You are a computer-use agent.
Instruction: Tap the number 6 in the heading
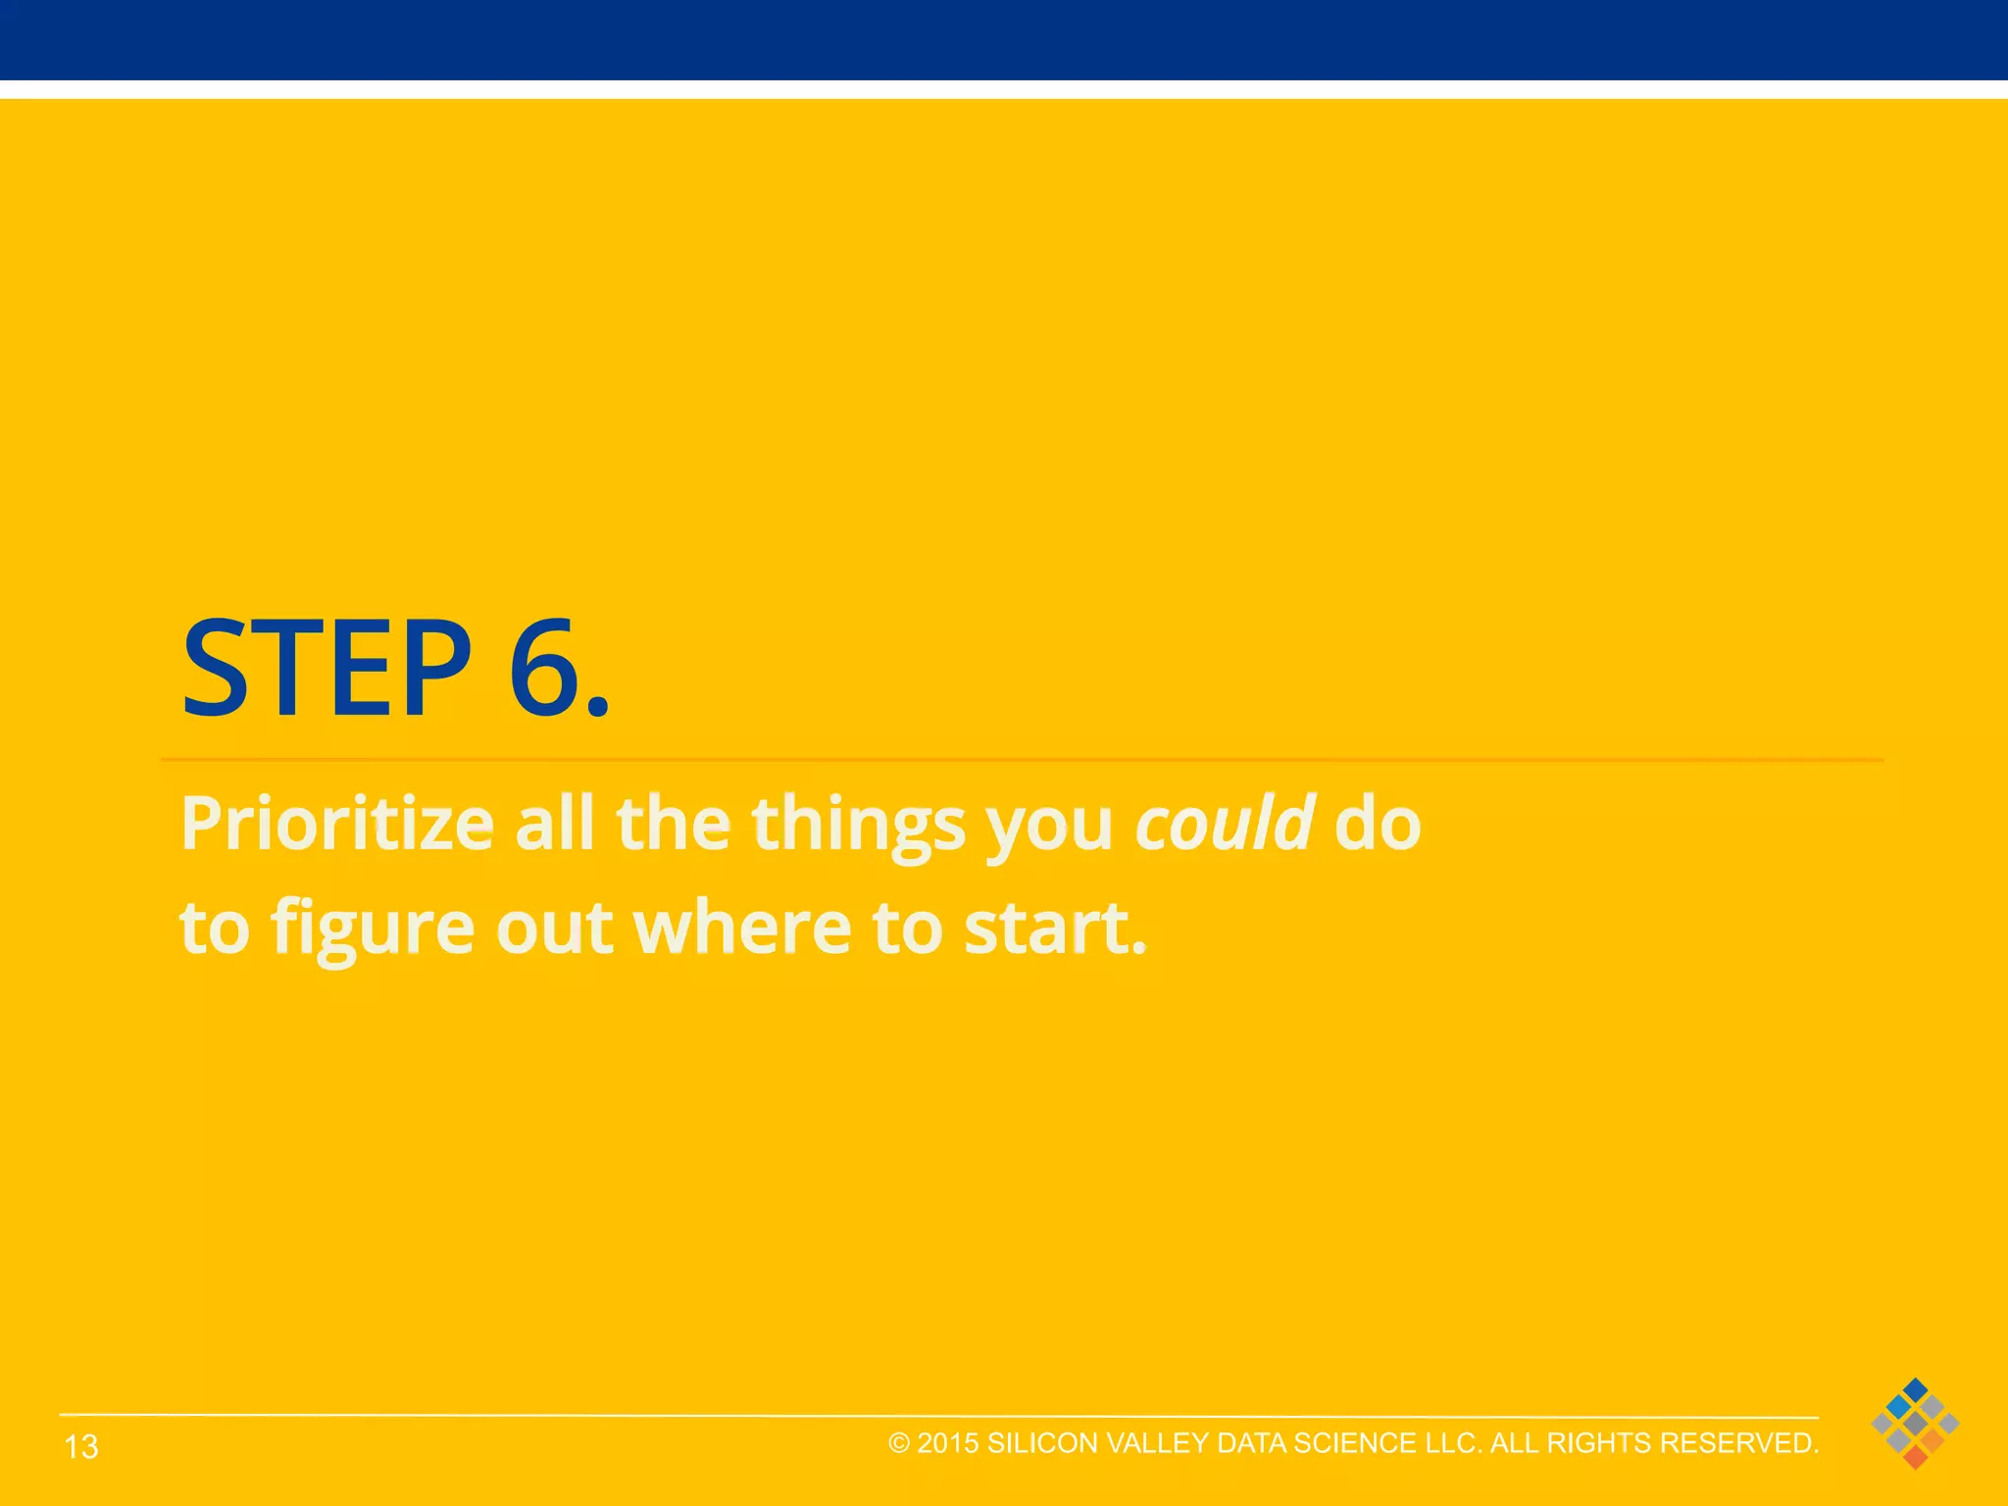543,671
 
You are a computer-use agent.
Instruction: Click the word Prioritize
336,825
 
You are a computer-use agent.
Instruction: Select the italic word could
1224,823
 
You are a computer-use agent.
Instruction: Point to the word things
859,825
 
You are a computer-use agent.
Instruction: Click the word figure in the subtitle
373,928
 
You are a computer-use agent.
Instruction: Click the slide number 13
81,1446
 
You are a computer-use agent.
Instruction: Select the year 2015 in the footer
948,1443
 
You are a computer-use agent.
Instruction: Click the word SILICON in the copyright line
1042,1443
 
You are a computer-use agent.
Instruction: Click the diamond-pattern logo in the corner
1915,1423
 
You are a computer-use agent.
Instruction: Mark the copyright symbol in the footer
899,1443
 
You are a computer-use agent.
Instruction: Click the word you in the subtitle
1049,825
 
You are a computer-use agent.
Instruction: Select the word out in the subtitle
554,928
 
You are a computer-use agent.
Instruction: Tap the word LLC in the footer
1452,1443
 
